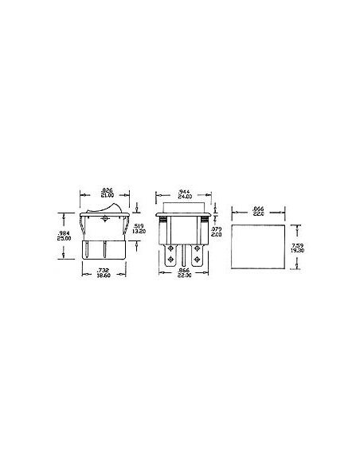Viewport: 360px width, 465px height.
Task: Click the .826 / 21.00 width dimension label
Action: [x=105, y=192]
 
